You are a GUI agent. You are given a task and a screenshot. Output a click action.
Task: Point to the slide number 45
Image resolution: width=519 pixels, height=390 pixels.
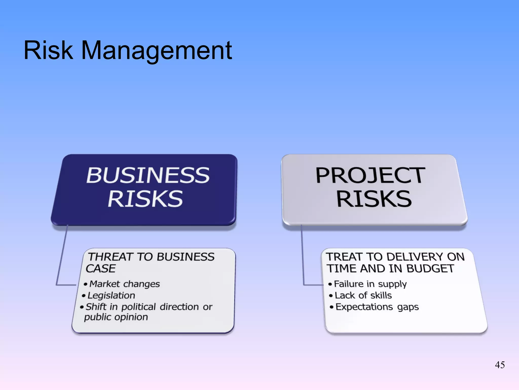pyautogui.click(x=499, y=365)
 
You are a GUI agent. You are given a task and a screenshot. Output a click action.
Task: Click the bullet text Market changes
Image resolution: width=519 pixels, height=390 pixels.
pyautogui.click(x=124, y=284)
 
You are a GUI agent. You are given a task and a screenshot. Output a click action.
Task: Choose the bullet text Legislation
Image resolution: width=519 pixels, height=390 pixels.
pyautogui.click(x=111, y=295)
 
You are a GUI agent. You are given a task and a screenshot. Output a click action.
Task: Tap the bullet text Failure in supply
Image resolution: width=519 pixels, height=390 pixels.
pyautogui.click(x=370, y=284)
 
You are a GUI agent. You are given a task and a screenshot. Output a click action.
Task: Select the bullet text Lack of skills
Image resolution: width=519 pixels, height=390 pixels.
pyautogui.click(x=363, y=295)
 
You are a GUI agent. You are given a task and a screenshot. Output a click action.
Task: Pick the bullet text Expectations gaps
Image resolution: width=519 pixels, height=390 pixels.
pyautogui.click(x=377, y=307)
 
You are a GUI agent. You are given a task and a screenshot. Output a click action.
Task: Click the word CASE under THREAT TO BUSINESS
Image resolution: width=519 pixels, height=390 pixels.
pyautogui.click(x=101, y=269)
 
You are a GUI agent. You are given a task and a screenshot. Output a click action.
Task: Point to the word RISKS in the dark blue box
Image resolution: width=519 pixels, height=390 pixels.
pyautogui.click(x=145, y=199)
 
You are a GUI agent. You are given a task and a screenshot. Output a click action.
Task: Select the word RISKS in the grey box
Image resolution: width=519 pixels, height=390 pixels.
pyautogui.click(x=374, y=199)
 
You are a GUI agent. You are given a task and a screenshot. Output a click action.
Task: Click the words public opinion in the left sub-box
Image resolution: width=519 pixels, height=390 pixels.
pyautogui.click(x=116, y=317)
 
